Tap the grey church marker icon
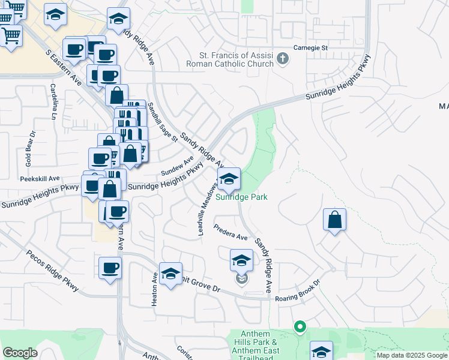pos(283,60)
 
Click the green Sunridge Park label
pos(241,196)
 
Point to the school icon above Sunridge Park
pos(228,179)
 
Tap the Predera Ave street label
pos(231,233)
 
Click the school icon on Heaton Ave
pos(170,274)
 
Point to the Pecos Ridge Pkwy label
pos(53,270)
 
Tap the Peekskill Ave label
pos(40,178)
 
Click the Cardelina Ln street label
pos(53,101)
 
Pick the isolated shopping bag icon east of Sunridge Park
pos(335,220)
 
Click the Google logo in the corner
pos(20,353)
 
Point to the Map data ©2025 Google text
pos(411,355)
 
